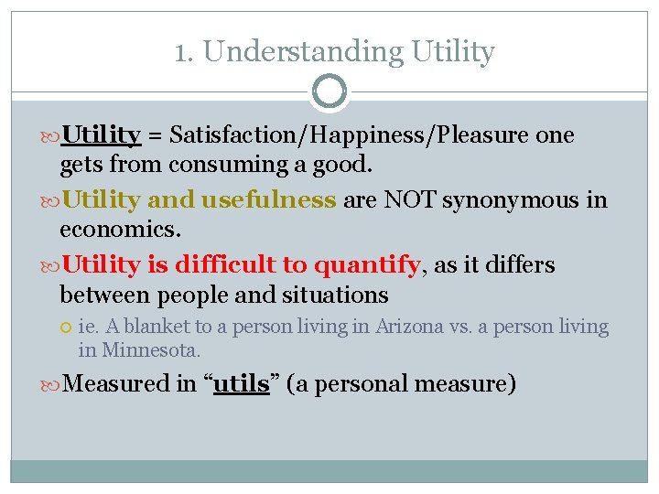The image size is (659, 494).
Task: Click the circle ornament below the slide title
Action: pyautogui.click(x=329, y=91)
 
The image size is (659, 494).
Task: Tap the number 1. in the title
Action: pyautogui.click(x=185, y=52)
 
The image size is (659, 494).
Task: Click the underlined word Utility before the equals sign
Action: pyautogui.click(x=101, y=135)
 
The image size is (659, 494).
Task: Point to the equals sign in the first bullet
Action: pyautogui.click(x=155, y=136)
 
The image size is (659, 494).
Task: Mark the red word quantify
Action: pyautogui.click(x=366, y=265)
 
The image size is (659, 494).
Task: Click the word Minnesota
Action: pyautogui.click(x=150, y=350)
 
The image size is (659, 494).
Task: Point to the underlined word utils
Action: pyautogui.click(x=241, y=383)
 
